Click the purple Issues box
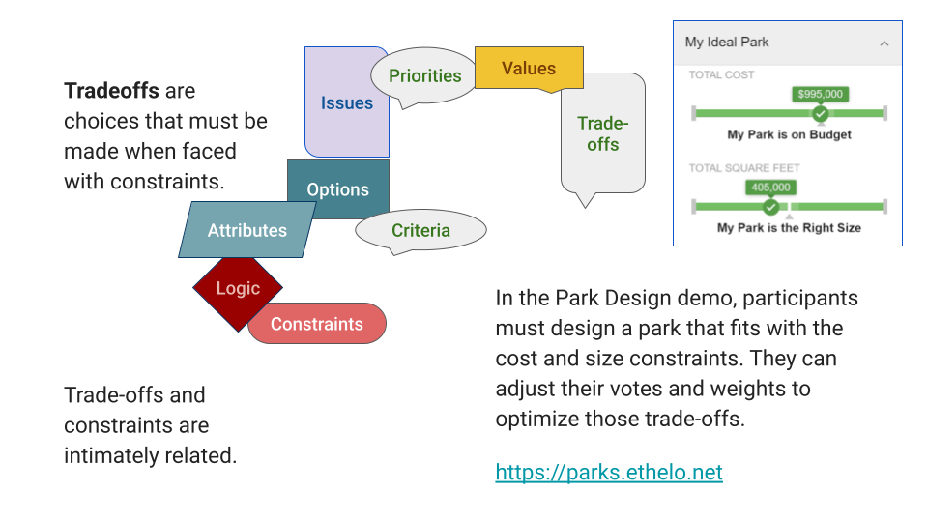346,103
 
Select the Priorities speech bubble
425,76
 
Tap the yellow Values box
529,69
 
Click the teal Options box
338,189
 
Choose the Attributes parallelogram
247,230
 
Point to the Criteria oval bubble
420,230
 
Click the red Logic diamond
238,288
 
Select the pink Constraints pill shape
317,324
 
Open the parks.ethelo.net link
609,472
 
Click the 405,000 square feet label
770,188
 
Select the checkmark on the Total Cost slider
820,114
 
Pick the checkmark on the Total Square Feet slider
770,207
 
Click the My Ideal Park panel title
727,43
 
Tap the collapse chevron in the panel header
884,43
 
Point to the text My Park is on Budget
789,135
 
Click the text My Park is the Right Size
789,228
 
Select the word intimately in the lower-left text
112,455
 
